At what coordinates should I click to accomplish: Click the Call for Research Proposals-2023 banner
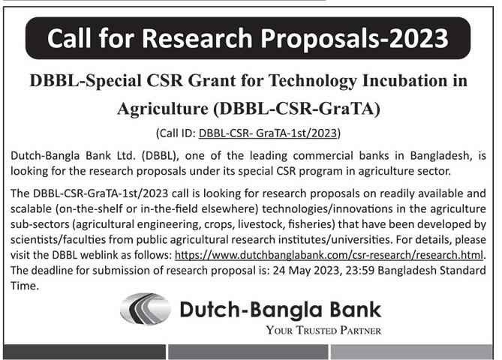click(251, 37)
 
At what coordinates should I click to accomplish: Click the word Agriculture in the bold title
click(161, 108)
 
